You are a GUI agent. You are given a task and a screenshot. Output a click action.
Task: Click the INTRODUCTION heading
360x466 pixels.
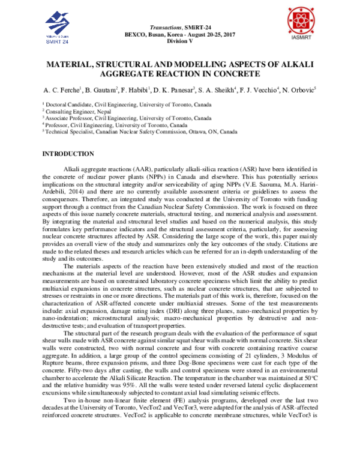tap(68, 154)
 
